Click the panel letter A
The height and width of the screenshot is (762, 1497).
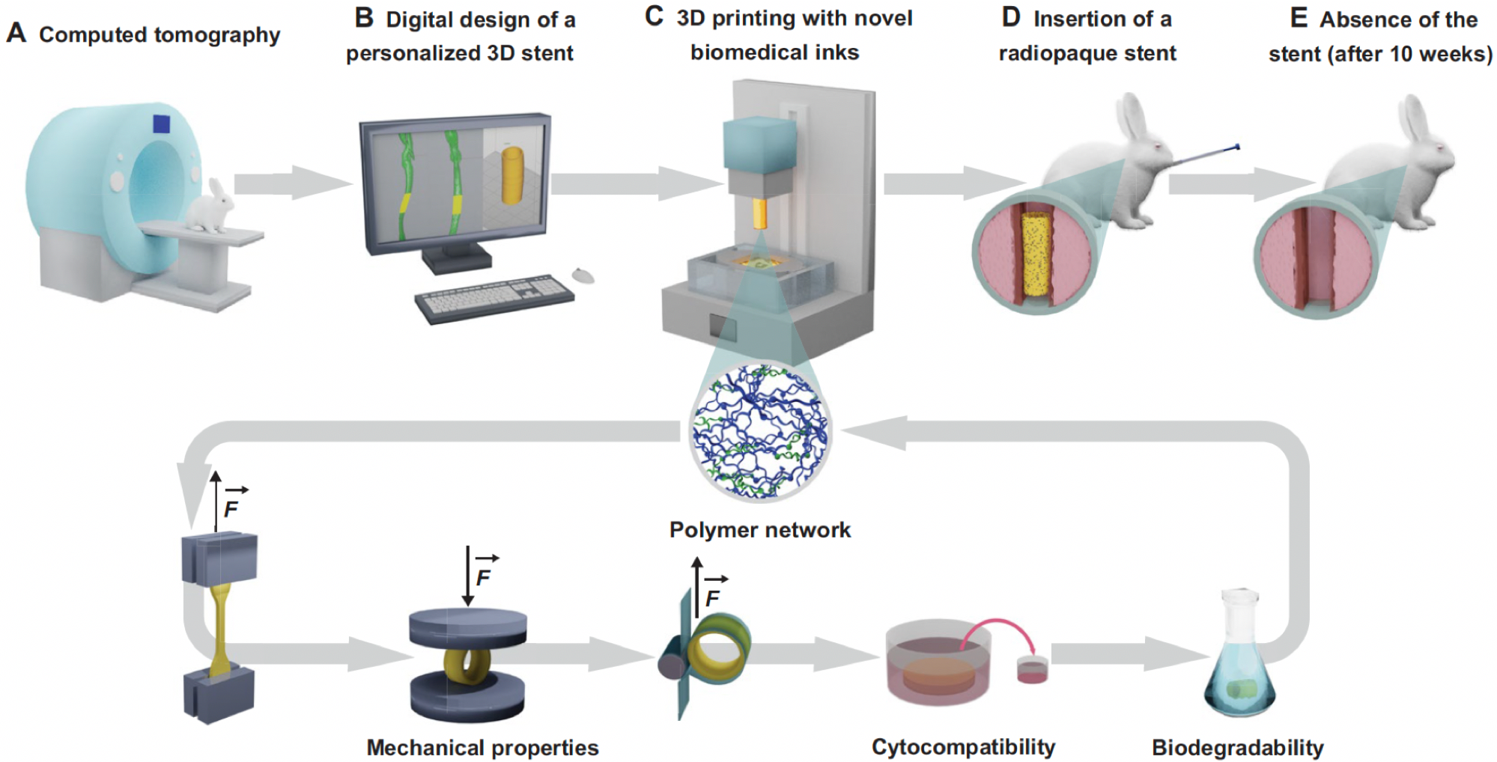[x=16, y=34]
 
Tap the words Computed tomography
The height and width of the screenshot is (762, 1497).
[x=160, y=35]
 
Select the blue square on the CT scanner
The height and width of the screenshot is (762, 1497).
[x=161, y=124]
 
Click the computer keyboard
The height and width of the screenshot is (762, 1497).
[x=494, y=297]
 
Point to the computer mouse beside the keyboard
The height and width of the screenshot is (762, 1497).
[x=583, y=275]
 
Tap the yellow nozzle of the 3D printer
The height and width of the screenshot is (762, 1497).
[x=759, y=213]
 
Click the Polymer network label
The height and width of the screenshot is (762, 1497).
[x=759, y=530]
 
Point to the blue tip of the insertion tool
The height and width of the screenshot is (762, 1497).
[x=1236, y=147]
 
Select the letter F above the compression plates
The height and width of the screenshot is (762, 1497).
[x=483, y=577]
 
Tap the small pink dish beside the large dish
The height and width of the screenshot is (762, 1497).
[x=1032, y=669]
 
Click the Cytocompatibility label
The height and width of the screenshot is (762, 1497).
[x=963, y=747]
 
